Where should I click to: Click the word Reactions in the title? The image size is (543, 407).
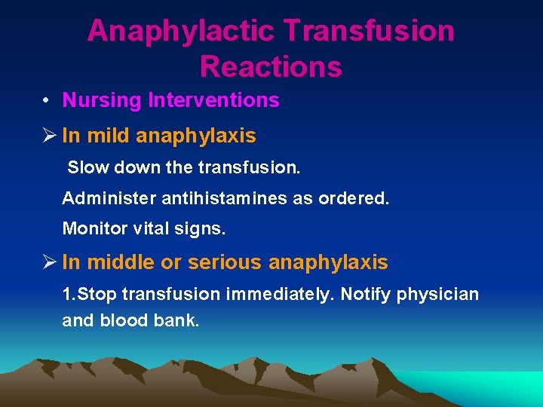pos(271,66)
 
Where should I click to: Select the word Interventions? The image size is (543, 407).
pos(214,100)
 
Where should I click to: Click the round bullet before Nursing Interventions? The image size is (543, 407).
pos(47,101)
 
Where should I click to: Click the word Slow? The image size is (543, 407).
pos(84,167)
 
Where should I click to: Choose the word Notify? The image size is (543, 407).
pos(365,294)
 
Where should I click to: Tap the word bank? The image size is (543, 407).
pos(179,320)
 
